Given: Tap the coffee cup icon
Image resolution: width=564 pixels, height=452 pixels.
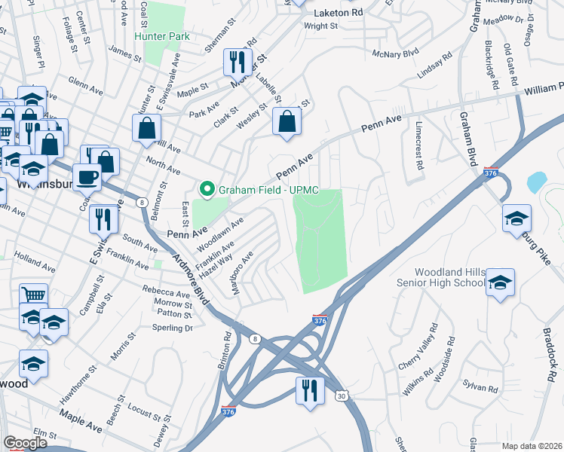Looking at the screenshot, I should point(87,177).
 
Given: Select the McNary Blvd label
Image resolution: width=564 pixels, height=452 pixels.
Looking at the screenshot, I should point(395,53).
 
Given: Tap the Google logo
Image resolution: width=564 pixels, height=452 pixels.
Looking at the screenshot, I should point(25,443).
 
